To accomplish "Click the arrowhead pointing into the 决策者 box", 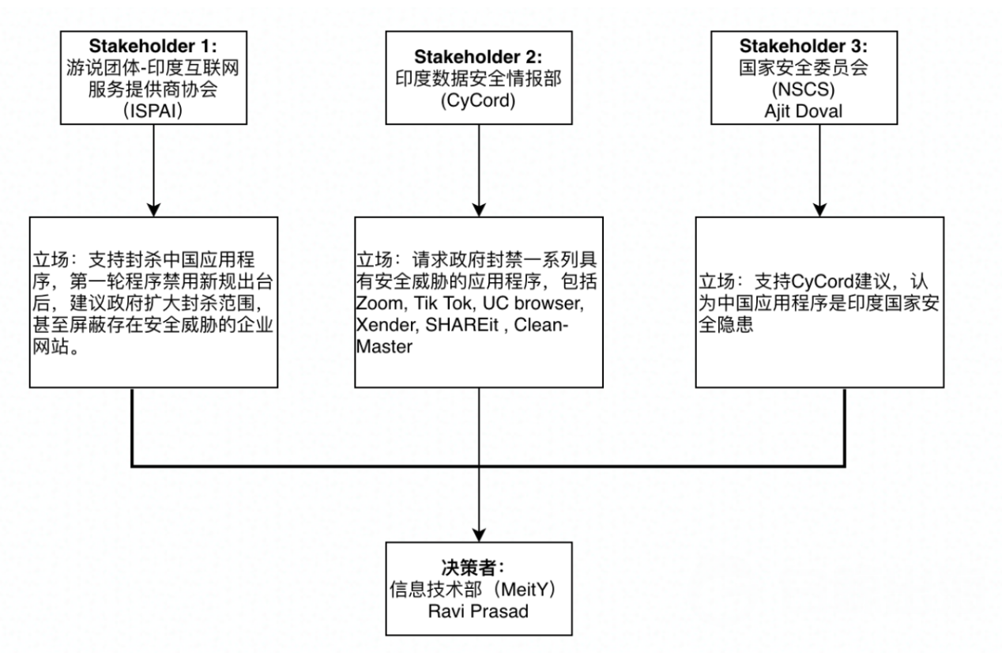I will [480, 534].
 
